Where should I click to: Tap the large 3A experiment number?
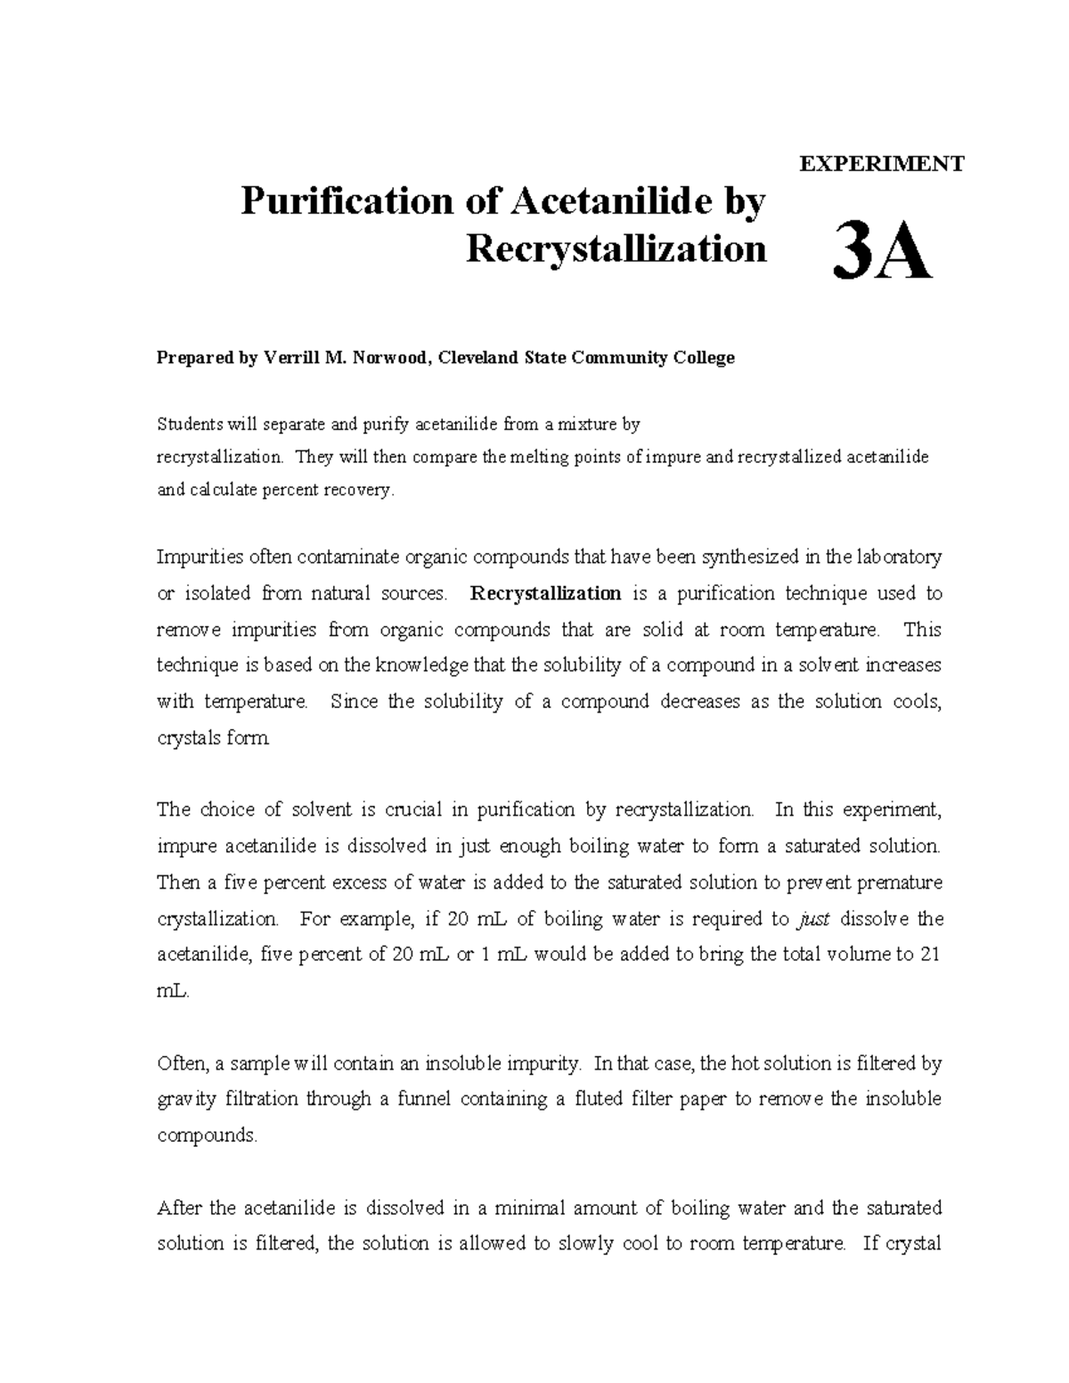point(881,254)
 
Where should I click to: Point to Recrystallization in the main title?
point(616,249)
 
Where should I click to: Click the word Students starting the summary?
point(189,424)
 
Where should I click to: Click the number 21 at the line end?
point(930,955)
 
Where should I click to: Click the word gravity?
point(186,1099)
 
